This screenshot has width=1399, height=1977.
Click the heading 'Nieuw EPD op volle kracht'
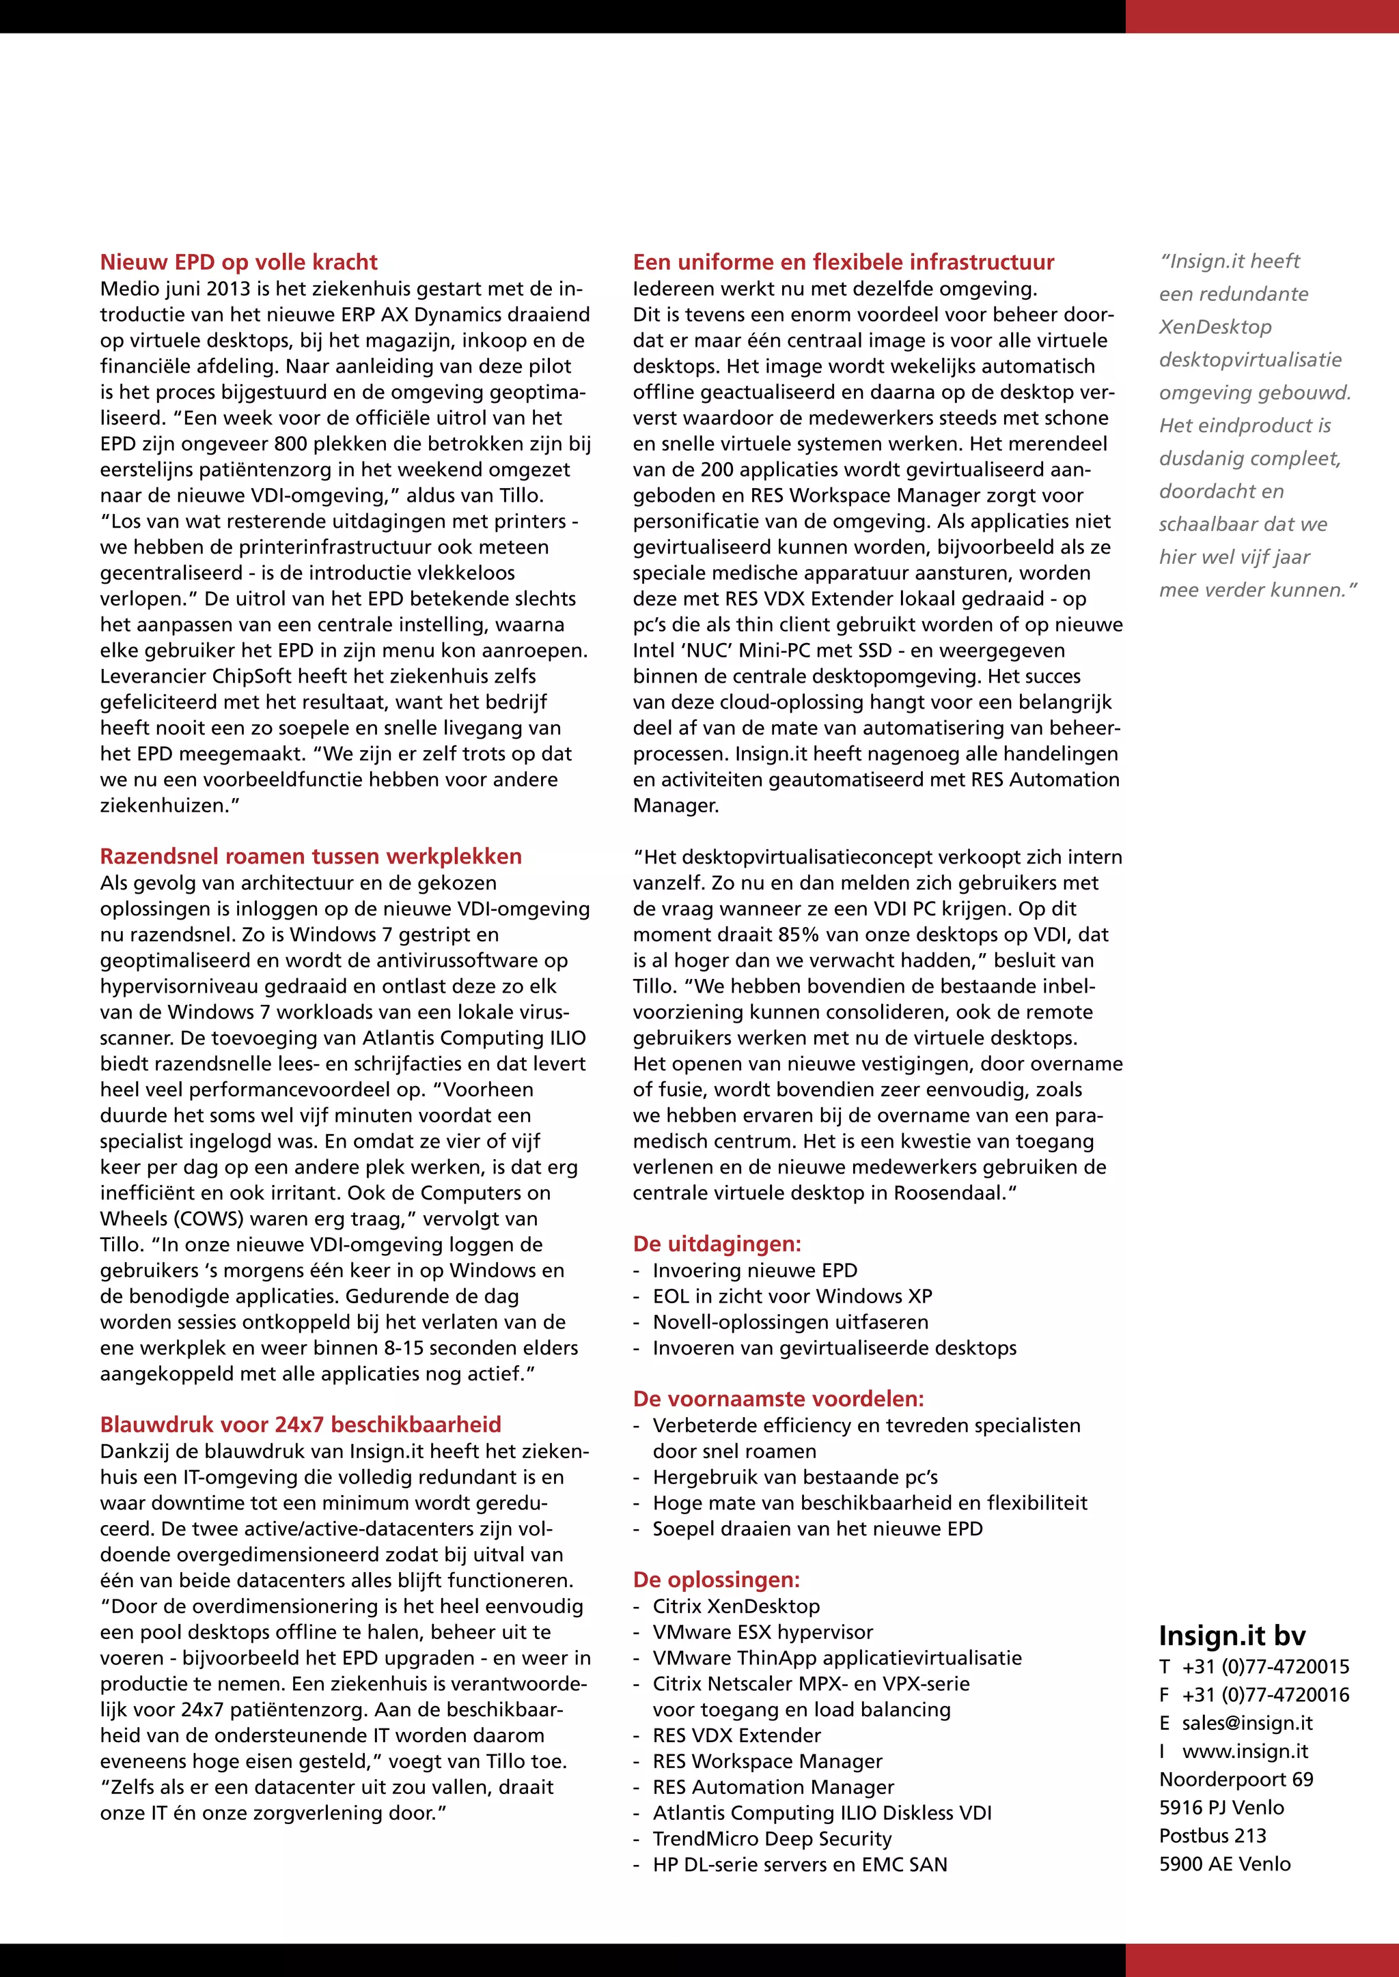coord(238,263)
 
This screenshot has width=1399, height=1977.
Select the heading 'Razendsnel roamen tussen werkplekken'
coord(310,857)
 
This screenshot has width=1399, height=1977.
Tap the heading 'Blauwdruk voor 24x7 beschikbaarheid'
coord(300,1425)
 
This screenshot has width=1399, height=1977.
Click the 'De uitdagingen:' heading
coord(716,1244)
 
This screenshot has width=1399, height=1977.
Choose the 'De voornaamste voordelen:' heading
coord(778,1399)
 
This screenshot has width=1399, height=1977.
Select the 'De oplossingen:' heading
coord(716,1580)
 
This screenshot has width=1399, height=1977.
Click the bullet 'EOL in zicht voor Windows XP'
coord(792,1297)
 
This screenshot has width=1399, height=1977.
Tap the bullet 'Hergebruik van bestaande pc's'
coord(794,1477)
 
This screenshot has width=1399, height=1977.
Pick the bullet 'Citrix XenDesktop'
coord(736,1607)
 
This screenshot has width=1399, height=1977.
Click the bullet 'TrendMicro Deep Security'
coord(771,1839)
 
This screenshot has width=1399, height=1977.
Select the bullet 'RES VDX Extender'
coord(736,1736)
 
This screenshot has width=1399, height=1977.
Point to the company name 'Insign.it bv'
coord(1232,1636)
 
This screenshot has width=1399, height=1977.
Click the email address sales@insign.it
coord(1247,1723)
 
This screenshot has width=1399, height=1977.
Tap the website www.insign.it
coord(1245,1752)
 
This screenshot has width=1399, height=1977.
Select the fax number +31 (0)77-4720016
coord(1264,1694)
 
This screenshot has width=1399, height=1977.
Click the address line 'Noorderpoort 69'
coord(1235,1780)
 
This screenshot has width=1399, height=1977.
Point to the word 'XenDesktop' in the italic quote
coord(1215,327)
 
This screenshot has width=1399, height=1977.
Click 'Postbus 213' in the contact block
coord(1212,1836)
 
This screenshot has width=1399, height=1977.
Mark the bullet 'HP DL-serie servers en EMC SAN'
coord(799,1865)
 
